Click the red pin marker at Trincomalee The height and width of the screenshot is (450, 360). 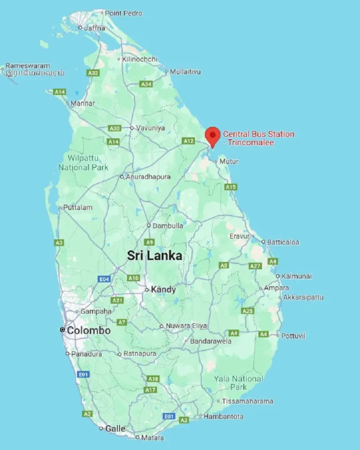pyautogui.click(x=212, y=135)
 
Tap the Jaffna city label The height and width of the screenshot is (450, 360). pyautogui.click(x=94, y=27)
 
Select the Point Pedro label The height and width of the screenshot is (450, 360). pyautogui.click(x=123, y=13)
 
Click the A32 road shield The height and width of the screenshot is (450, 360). pyautogui.click(x=93, y=73)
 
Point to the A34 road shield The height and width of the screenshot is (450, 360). pyautogui.click(x=146, y=84)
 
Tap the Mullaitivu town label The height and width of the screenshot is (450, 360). pyautogui.click(x=185, y=72)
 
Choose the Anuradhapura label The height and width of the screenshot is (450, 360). pyautogui.click(x=148, y=177)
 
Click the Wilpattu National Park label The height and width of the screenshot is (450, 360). pyautogui.click(x=83, y=163)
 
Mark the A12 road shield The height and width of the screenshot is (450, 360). pyautogui.click(x=188, y=141)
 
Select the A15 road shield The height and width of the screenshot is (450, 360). pyautogui.click(x=231, y=187)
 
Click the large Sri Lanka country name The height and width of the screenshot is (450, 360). pyautogui.click(x=154, y=256)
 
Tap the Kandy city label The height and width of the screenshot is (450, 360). pyautogui.click(x=163, y=290)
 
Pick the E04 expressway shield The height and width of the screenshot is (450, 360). pyautogui.click(x=104, y=279)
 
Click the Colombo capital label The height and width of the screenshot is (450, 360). pyautogui.click(x=88, y=331)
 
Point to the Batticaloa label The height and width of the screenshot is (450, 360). pyautogui.click(x=283, y=242)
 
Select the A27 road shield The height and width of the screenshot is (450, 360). pyautogui.click(x=255, y=266)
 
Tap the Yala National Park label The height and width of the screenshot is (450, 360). pyautogui.click(x=238, y=383)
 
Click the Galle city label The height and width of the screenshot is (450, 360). pyautogui.click(x=115, y=429)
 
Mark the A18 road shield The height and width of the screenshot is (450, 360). pyautogui.click(x=153, y=379)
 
